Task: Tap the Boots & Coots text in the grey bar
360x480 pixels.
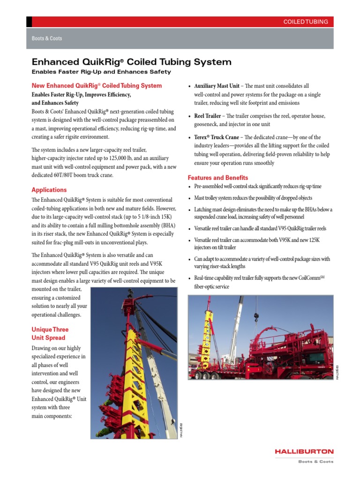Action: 47,38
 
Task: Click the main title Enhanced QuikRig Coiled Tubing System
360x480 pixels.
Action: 131,62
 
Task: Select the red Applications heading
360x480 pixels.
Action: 49,190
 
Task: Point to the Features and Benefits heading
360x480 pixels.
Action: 218,178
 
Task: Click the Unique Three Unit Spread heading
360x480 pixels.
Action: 49,333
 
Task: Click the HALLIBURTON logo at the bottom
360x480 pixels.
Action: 304,451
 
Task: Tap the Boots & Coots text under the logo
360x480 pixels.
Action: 316,461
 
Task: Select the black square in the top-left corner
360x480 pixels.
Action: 29,22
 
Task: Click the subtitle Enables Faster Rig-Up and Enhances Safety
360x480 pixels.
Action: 101,72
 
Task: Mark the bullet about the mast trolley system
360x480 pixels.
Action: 253,198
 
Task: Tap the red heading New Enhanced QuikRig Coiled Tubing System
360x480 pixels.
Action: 97,86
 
